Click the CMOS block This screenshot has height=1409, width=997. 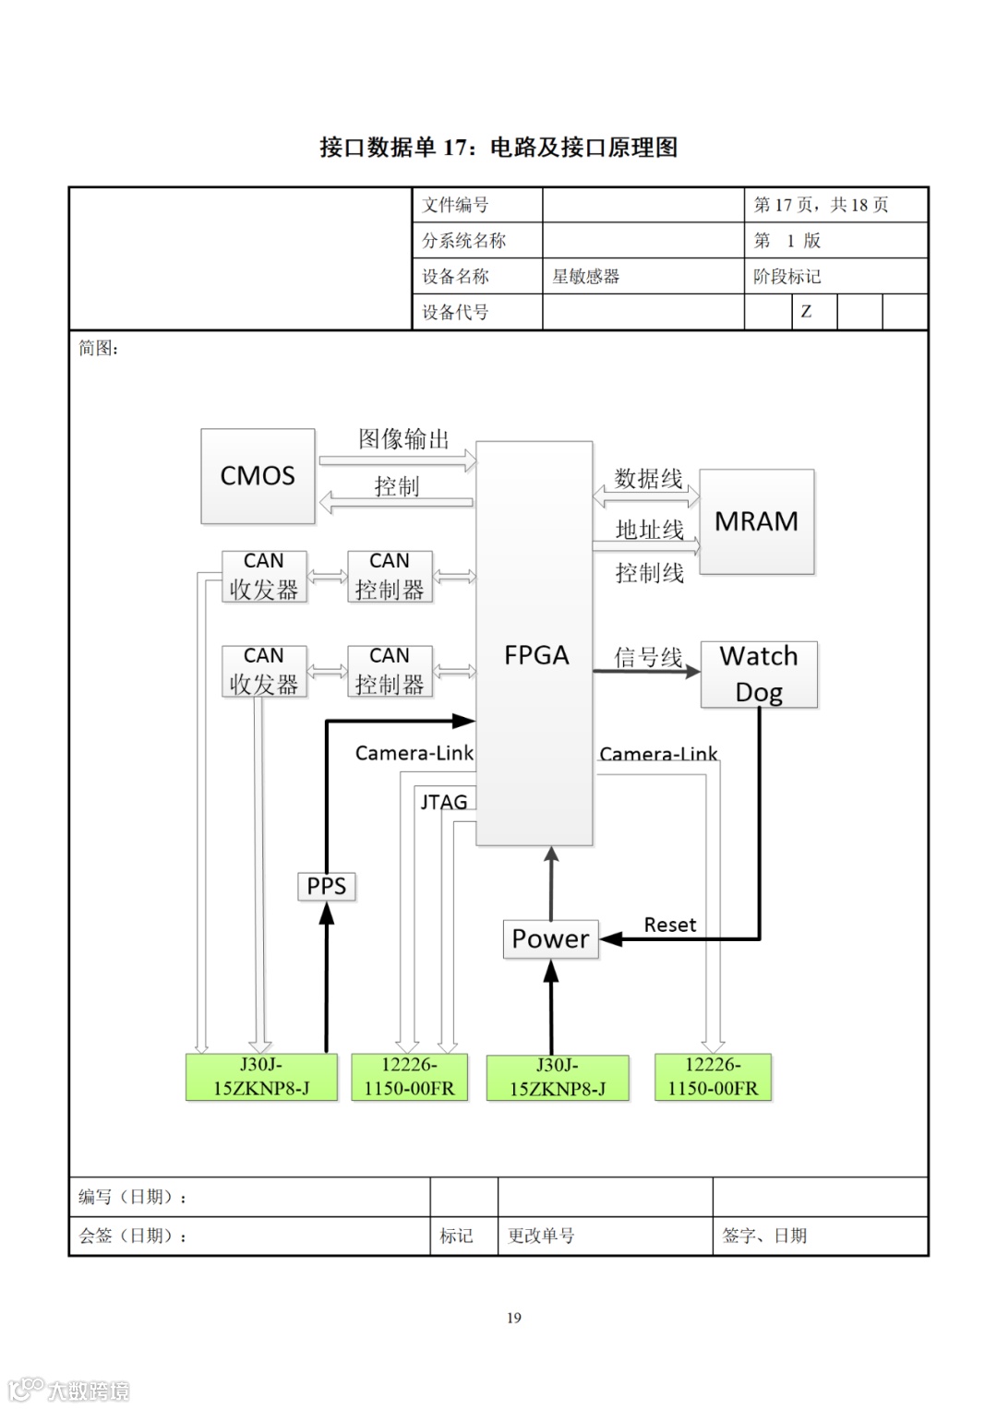click(x=258, y=476)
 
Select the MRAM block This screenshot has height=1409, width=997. click(x=756, y=521)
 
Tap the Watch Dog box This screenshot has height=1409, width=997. click(x=759, y=675)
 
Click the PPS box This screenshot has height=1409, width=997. click(x=326, y=887)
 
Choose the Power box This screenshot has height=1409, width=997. click(x=550, y=939)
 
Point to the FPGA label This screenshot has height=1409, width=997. click(x=535, y=656)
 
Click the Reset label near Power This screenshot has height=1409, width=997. click(x=669, y=925)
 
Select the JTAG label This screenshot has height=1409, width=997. click(x=444, y=802)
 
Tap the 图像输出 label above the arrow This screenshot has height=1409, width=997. click(x=403, y=439)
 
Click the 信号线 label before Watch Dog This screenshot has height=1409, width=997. click(x=648, y=657)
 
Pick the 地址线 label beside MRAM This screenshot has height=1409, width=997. click(x=649, y=530)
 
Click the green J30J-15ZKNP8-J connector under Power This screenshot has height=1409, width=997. click(x=558, y=1078)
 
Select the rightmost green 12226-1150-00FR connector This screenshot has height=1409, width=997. click(x=713, y=1077)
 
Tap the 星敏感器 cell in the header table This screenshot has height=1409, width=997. click(x=585, y=277)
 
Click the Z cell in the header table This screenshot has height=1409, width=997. click(x=806, y=312)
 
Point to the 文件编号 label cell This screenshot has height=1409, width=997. click(x=455, y=205)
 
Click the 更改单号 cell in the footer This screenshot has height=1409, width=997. click(x=541, y=1236)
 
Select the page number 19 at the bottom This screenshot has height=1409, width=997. click(x=514, y=1318)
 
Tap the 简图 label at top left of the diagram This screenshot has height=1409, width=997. click(x=98, y=349)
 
